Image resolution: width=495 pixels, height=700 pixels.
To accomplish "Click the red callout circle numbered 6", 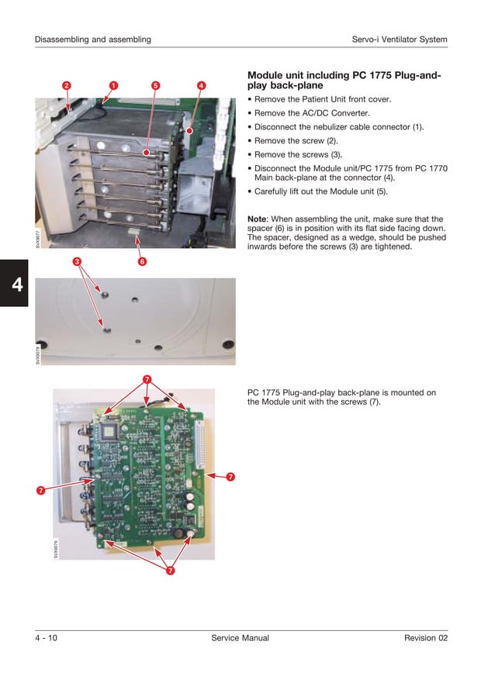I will click(142, 262).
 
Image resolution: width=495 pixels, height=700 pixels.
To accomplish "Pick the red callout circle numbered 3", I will click(78, 262).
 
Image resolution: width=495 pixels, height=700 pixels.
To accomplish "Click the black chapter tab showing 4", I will click(15, 284).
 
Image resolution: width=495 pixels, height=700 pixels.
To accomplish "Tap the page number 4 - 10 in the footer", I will click(46, 638).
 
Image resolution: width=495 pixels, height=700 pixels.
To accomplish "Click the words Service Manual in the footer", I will click(240, 638).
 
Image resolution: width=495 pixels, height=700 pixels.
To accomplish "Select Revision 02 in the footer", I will click(426, 638).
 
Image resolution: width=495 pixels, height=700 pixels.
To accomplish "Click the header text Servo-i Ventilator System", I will click(400, 40).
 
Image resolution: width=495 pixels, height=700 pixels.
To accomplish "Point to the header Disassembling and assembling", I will click(92, 40).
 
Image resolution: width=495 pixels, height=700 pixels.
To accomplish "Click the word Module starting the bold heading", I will click(266, 76).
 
